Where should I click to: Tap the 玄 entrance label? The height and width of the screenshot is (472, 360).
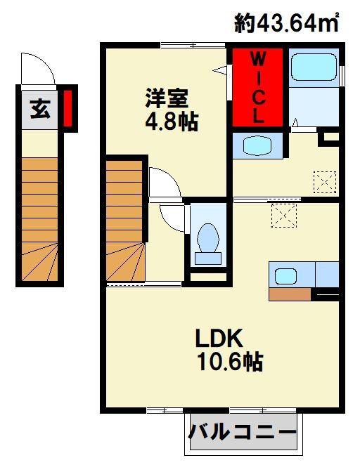(39, 110)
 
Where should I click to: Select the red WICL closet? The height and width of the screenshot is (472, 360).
(257, 86)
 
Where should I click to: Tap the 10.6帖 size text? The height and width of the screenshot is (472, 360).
(229, 362)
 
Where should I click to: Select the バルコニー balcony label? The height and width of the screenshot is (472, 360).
(242, 431)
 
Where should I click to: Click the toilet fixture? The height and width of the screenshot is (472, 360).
(207, 242)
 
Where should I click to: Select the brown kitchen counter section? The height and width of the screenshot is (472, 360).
(290, 294)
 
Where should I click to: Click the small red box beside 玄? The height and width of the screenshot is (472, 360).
(68, 108)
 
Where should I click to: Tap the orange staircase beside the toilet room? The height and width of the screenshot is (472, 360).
(125, 222)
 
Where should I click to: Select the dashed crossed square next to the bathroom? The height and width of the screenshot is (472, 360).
(324, 182)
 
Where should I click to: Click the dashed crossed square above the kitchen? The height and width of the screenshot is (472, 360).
(284, 214)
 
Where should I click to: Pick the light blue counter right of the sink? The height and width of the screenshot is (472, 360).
(326, 273)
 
